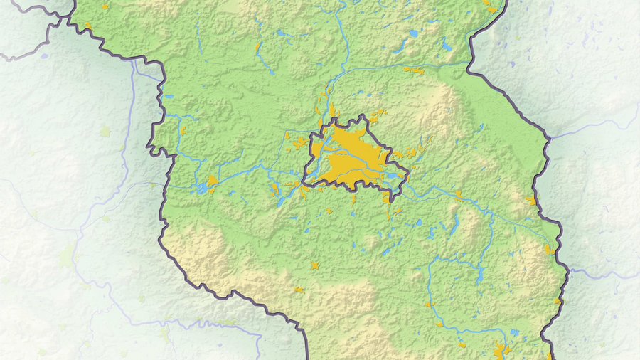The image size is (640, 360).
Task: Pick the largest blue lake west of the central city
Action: pyautogui.click(x=203, y=189)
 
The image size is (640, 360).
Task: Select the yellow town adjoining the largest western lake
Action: pyautogui.click(x=212, y=181)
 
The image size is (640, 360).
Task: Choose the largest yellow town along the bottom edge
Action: pyautogui.click(x=500, y=351)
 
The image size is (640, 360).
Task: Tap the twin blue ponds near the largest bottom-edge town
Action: pyautogui.click(x=514, y=332)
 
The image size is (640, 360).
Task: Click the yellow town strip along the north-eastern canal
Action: pyautogui.click(x=412, y=70)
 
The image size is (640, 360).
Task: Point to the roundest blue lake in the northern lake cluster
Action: pyautogui.click(x=413, y=33)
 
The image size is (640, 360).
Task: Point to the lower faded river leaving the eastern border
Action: pyautogui.click(x=597, y=273)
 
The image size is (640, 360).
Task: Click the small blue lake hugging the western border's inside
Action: pyautogui.click(x=169, y=97)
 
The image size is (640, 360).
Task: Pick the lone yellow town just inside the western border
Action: pyautogui.click(x=183, y=131)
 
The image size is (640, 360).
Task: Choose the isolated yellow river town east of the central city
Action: pyautogui.click(x=459, y=193)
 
